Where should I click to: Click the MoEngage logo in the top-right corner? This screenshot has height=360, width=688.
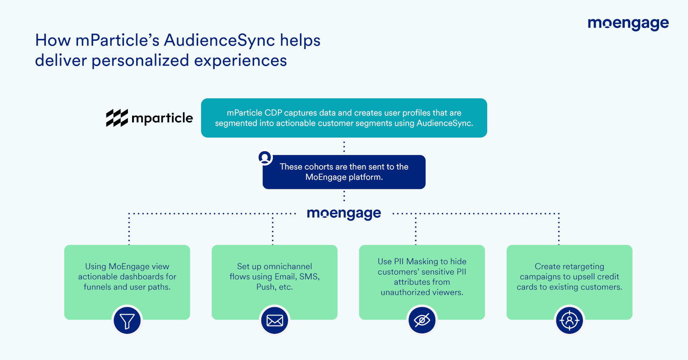[628, 24]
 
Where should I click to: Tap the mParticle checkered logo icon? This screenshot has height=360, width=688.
[117, 118]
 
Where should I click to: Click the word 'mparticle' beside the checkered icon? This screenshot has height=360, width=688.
[162, 118]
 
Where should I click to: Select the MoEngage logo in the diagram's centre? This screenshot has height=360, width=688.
[344, 214]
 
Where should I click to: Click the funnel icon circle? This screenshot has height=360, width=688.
[127, 321]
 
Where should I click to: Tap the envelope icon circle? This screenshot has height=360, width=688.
[275, 321]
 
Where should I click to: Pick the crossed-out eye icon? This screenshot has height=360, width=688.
[422, 321]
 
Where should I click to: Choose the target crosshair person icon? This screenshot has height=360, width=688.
[570, 321]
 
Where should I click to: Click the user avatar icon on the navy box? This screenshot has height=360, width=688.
[265, 158]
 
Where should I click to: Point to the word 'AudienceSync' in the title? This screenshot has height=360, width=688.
[219, 40]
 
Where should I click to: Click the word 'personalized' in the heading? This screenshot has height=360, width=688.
[140, 61]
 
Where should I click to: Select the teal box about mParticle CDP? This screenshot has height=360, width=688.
[344, 118]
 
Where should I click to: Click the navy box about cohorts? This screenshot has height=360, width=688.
[344, 172]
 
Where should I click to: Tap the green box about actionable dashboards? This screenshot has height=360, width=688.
[127, 282]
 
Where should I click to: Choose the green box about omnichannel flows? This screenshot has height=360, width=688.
[275, 282]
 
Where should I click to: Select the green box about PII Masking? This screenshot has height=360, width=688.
[422, 282]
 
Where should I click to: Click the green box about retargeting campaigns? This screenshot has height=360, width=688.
[570, 282]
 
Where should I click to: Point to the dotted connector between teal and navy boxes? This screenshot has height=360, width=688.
[344, 146]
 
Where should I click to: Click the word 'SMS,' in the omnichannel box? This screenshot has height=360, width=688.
[310, 277]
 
